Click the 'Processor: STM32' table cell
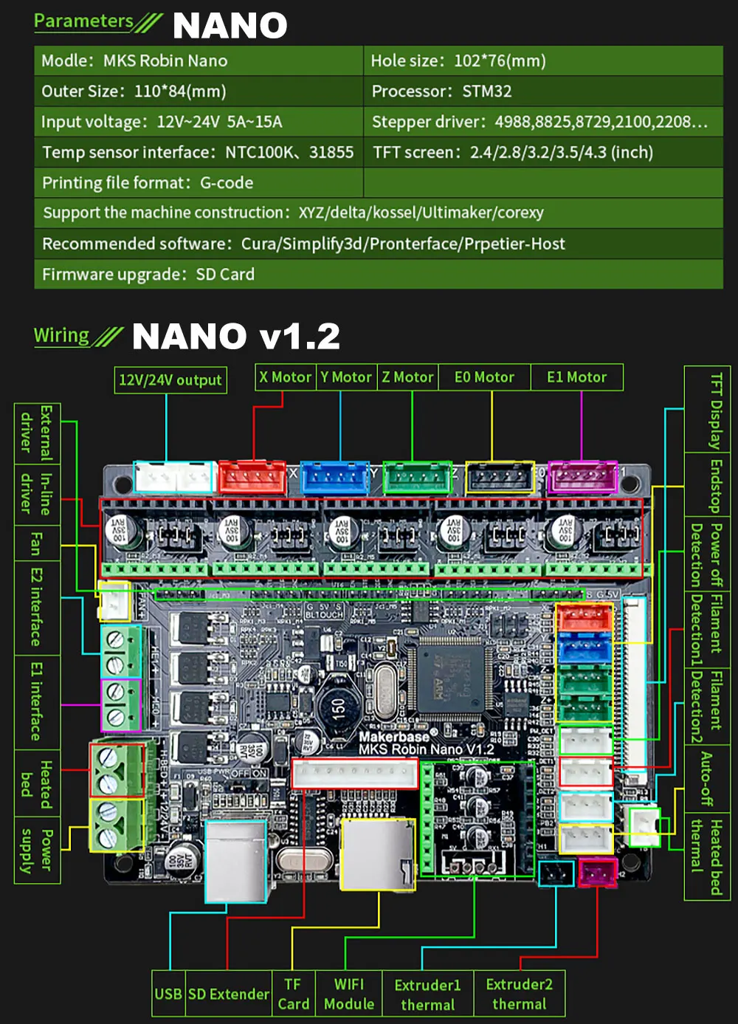point(542,92)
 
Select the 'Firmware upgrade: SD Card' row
point(378,275)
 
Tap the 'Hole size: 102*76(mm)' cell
point(542,61)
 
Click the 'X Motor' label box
point(286,377)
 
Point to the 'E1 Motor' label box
point(576,377)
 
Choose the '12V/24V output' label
point(170,380)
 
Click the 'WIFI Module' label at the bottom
point(349,994)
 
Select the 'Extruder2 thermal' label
point(520,994)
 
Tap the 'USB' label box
point(168,994)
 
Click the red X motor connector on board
point(252,477)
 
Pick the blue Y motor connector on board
point(335,477)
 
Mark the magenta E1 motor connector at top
point(582,477)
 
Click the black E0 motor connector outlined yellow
point(500,477)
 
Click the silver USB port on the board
point(235,860)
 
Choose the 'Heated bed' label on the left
point(37,784)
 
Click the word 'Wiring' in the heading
point(61,336)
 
